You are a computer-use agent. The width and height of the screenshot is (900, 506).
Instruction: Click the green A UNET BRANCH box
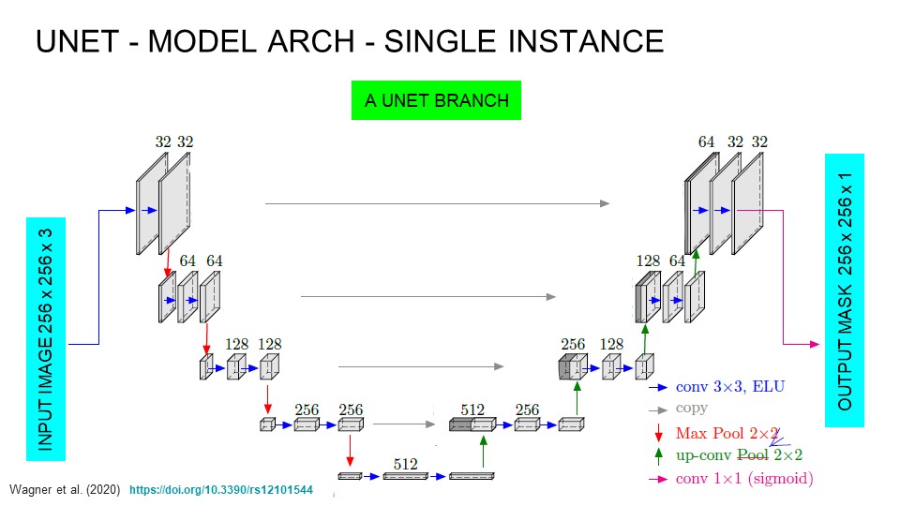point(436,100)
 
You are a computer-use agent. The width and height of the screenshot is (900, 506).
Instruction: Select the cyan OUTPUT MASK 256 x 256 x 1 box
point(844,290)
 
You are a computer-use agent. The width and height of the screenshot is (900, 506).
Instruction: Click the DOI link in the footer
point(220,490)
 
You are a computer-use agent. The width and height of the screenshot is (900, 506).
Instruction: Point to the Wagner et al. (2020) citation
point(65,490)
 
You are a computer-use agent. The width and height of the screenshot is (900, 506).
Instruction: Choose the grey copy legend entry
point(691,409)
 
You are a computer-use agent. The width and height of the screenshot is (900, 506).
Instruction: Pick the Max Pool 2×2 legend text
point(727,433)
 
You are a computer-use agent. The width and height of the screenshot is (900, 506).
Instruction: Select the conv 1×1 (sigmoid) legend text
point(744,478)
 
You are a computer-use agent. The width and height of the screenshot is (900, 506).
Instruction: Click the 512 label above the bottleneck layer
point(405,463)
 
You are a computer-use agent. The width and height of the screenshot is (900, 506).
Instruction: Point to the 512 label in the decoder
point(472,409)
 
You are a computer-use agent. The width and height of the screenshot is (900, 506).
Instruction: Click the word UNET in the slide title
point(79,42)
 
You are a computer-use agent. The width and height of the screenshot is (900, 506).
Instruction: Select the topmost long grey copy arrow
point(437,202)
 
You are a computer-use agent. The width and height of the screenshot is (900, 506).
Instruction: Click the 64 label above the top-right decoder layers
point(706,142)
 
